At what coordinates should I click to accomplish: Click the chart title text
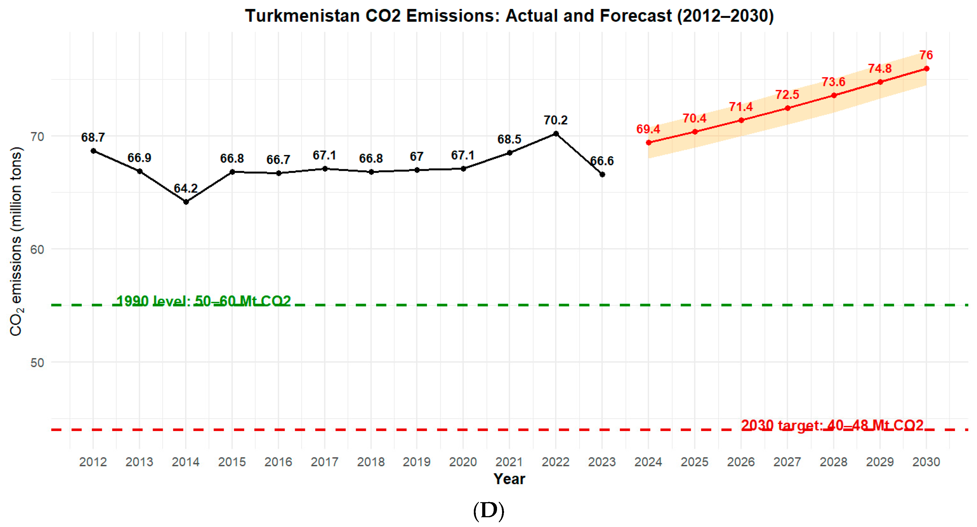(x=509, y=16)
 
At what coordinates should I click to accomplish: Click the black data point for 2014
(x=186, y=202)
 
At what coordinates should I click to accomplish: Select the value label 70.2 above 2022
(x=555, y=120)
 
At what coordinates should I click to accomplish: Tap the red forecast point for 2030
(x=926, y=69)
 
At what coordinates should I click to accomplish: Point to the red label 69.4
(x=648, y=129)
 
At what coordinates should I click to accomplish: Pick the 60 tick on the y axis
(x=37, y=250)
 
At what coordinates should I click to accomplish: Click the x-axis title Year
(x=509, y=479)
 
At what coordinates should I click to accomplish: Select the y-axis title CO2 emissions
(x=16, y=241)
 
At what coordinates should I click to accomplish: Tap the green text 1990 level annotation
(x=203, y=301)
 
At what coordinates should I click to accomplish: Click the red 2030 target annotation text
(x=832, y=425)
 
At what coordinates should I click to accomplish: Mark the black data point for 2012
(x=93, y=151)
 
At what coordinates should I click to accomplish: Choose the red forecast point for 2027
(x=787, y=108)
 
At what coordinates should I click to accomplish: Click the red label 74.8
(x=880, y=69)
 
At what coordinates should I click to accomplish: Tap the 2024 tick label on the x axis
(x=648, y=462)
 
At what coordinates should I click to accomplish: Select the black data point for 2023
(x=602, y=174)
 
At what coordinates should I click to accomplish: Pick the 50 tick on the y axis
(x=37, y=363)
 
